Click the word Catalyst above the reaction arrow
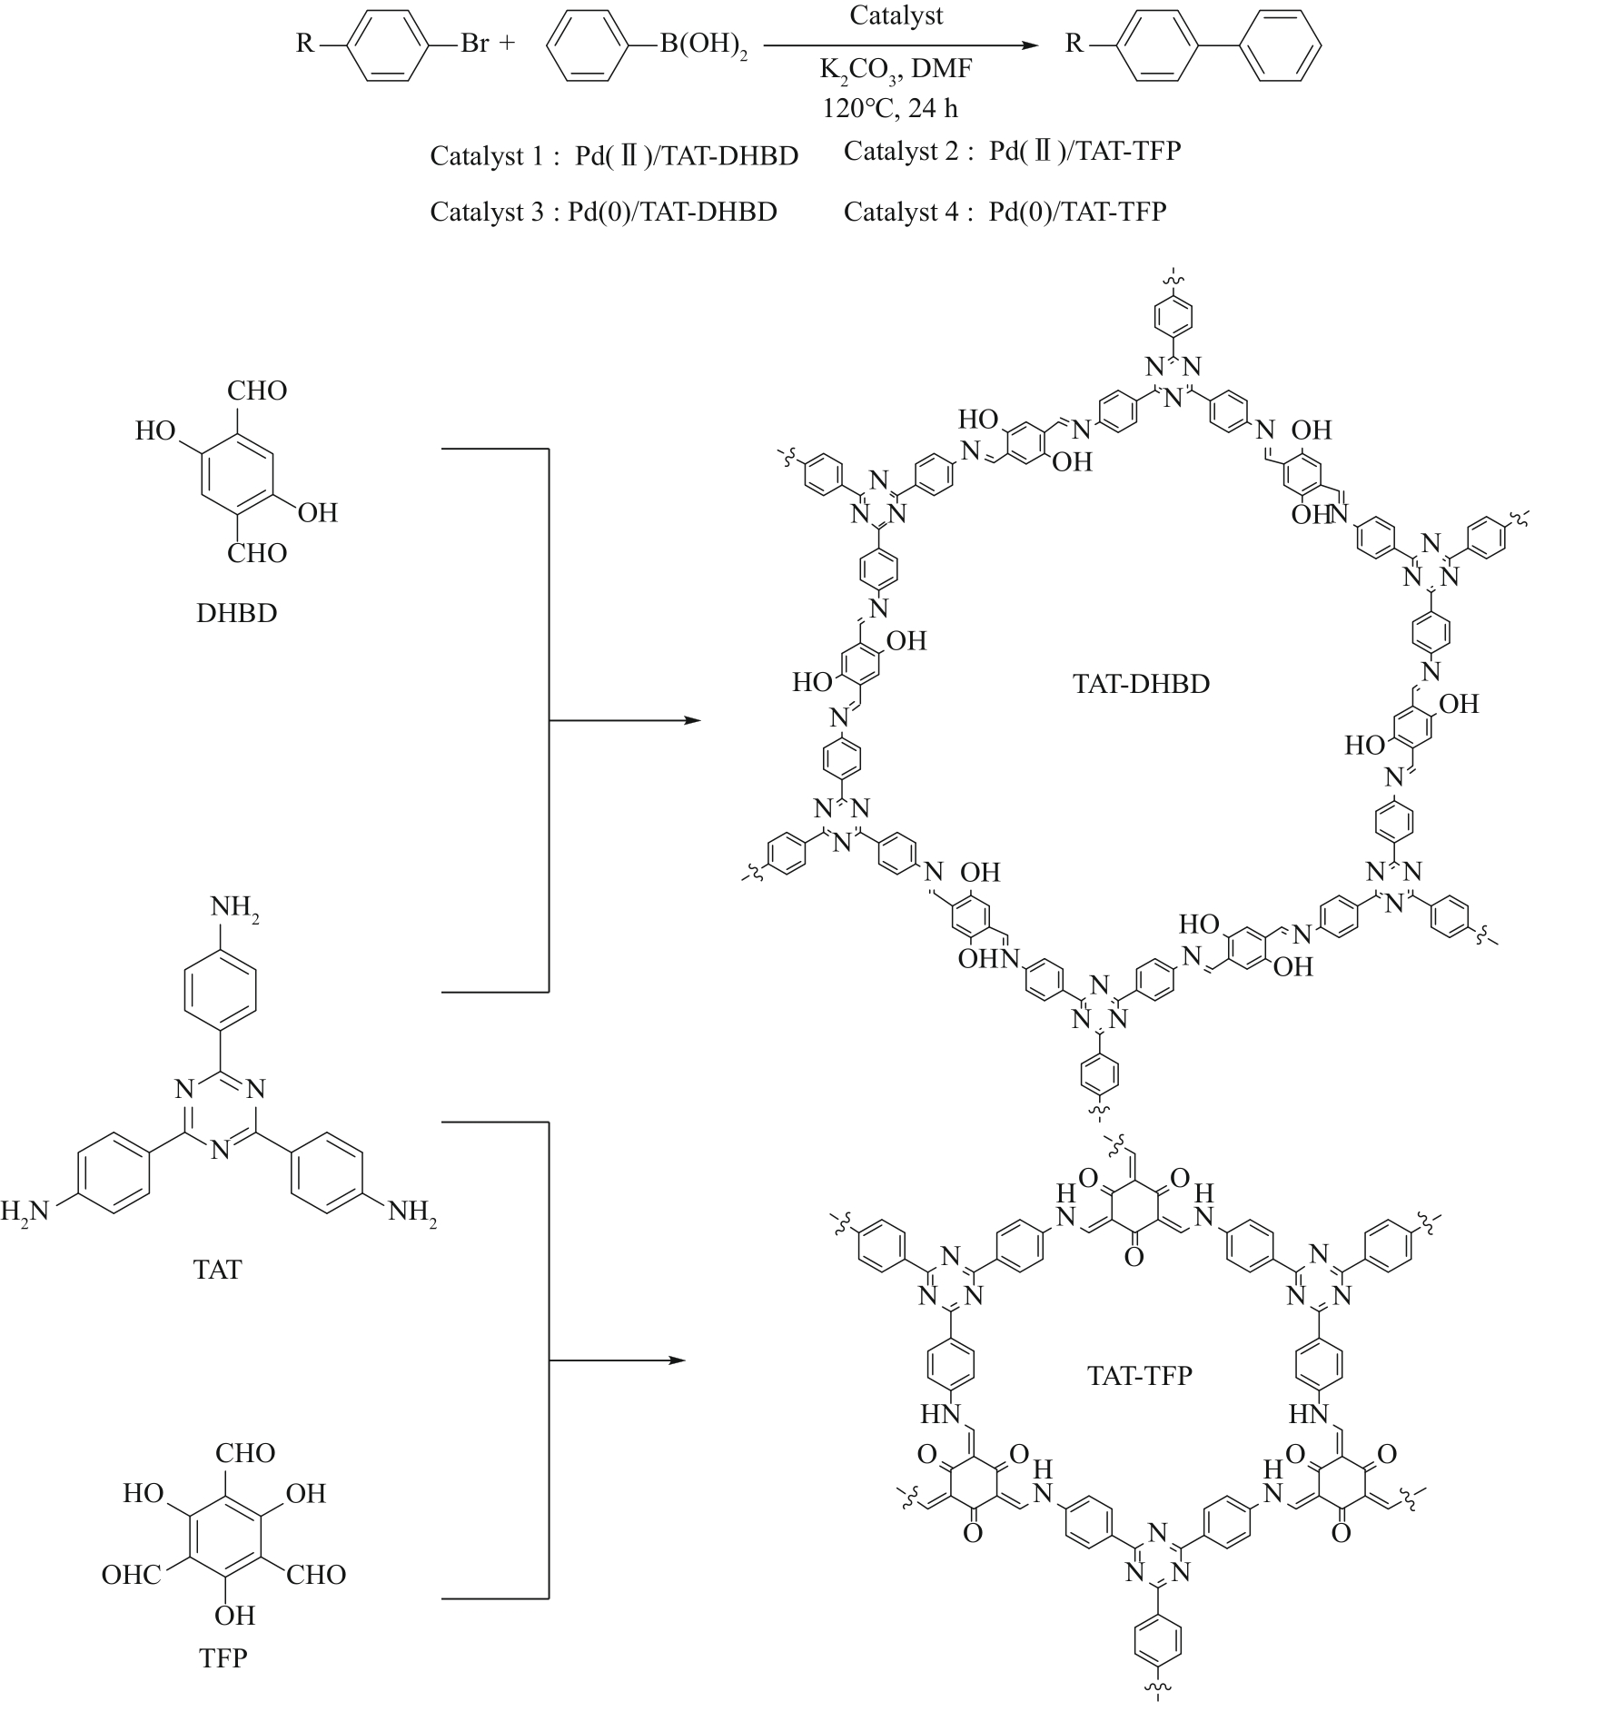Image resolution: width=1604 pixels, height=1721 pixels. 896,16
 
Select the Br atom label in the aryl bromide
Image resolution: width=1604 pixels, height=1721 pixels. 475,44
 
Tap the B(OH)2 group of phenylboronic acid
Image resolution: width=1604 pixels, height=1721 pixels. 703,45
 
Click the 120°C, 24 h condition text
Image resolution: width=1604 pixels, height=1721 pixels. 890,108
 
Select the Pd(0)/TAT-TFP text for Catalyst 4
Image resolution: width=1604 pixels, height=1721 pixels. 1077,212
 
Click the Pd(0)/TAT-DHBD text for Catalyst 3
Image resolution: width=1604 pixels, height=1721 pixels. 672,212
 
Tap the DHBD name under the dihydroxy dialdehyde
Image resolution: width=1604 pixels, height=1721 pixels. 237,613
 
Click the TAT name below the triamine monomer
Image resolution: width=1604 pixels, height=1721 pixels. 218,1269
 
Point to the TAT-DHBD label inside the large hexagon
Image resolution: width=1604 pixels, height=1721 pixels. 1141,684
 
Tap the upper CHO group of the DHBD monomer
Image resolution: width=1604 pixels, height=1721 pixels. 257,391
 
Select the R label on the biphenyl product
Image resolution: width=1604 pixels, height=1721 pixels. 1074,44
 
